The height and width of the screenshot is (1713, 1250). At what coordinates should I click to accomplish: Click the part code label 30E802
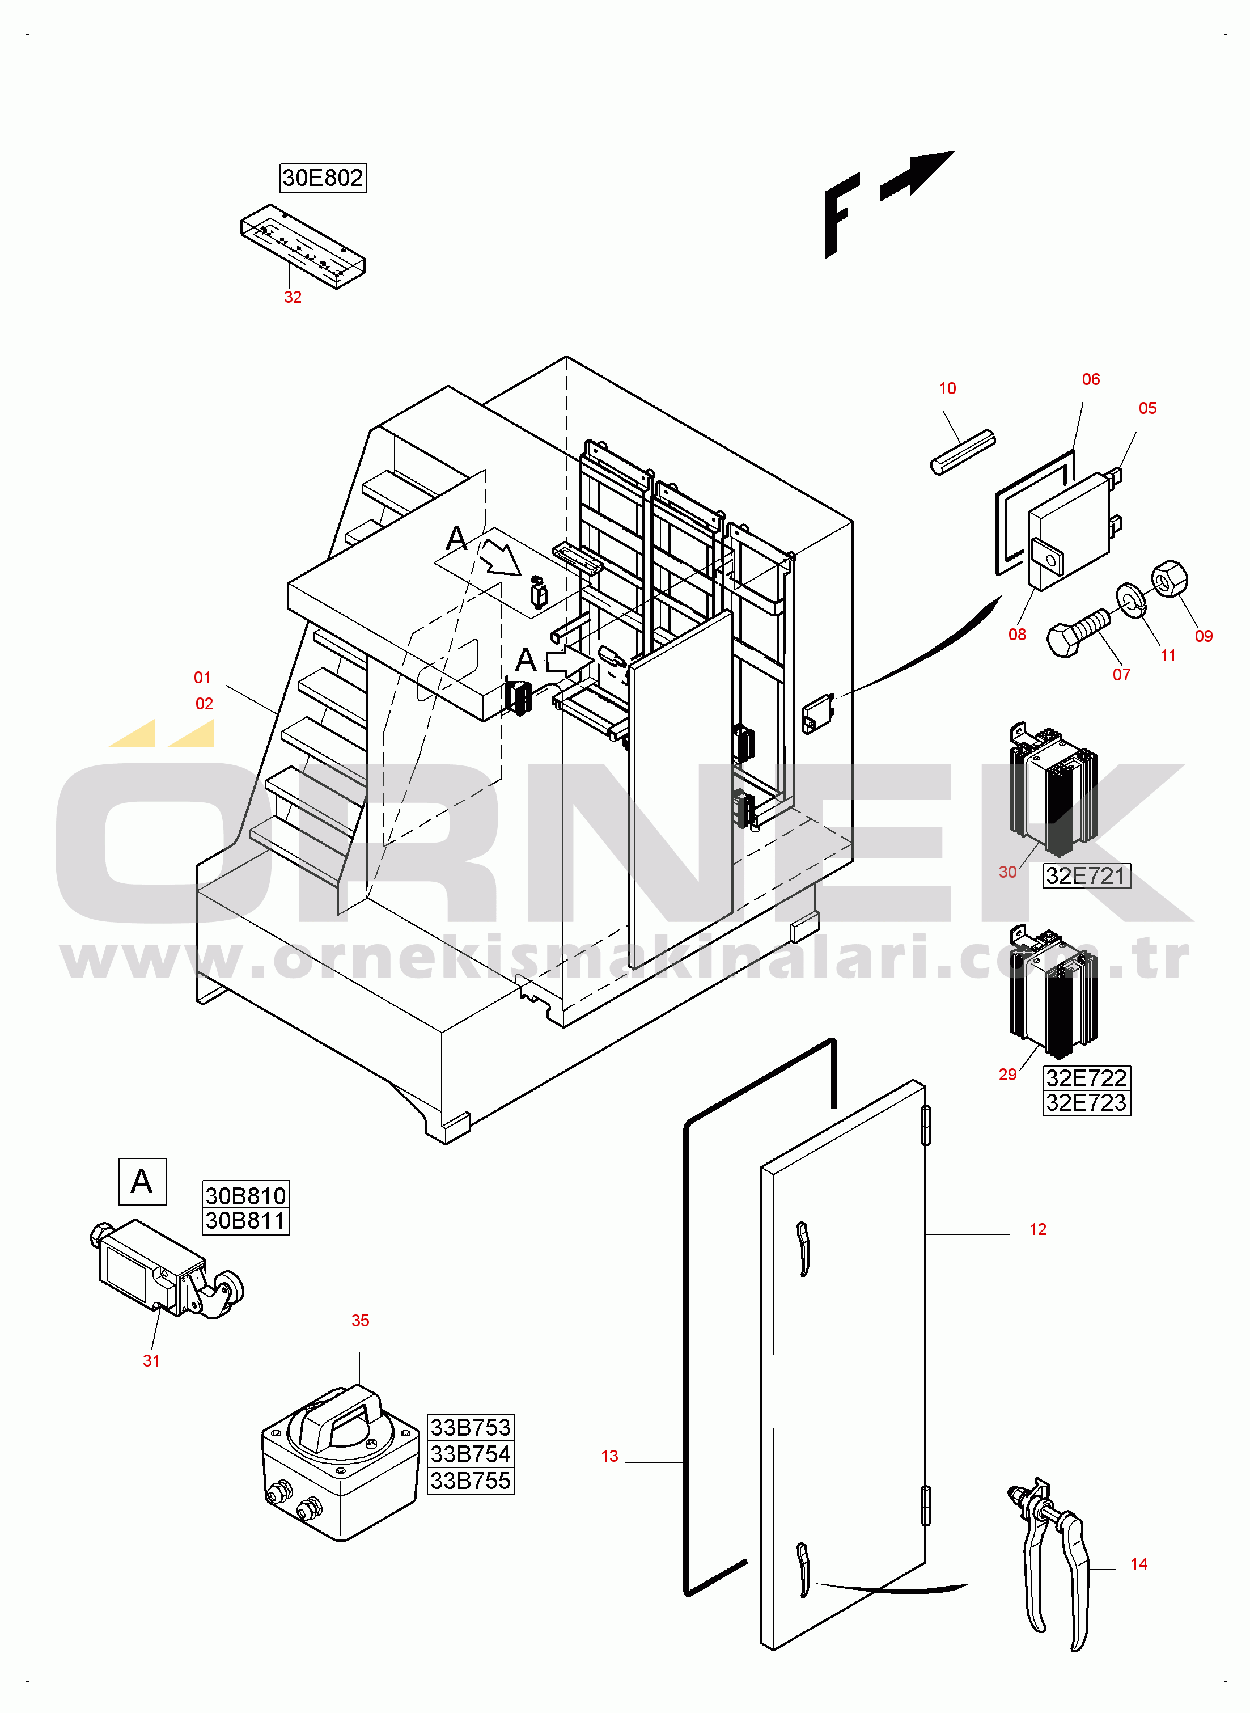point(323,178)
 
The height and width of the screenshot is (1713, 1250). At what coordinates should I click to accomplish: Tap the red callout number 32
point(293,297)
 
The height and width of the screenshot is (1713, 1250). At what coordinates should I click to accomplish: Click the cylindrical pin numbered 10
point(963,452)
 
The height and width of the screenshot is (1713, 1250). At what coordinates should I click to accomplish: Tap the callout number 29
point(1007,1075)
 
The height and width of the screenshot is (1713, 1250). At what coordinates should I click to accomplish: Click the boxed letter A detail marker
point(142,1181)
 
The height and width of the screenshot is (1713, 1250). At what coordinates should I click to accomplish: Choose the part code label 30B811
point(245,1220)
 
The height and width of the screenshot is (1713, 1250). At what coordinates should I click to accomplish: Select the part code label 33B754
point(470,1453)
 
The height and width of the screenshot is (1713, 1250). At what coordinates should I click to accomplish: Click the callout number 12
point(1037,1229)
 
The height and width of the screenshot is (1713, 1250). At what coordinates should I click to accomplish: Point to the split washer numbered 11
point(1131,599)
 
